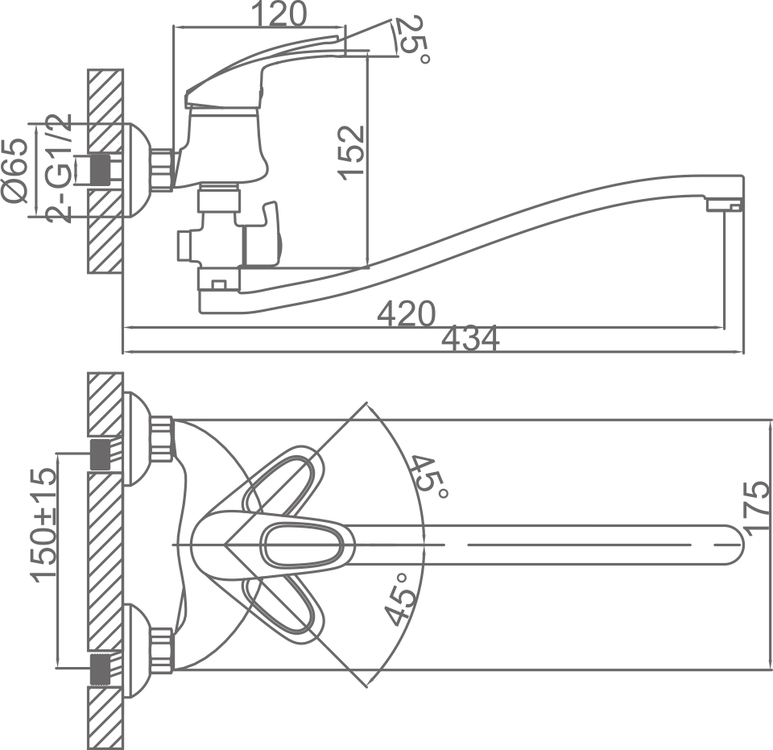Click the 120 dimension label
click(x=279, y=14)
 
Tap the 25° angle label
click(x=413, y=39)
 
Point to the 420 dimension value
click(x=407, y=313)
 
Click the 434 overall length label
click(x=471, y=339)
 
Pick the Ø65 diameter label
click(x=15, y=170)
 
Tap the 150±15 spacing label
click(x=43, y=524)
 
